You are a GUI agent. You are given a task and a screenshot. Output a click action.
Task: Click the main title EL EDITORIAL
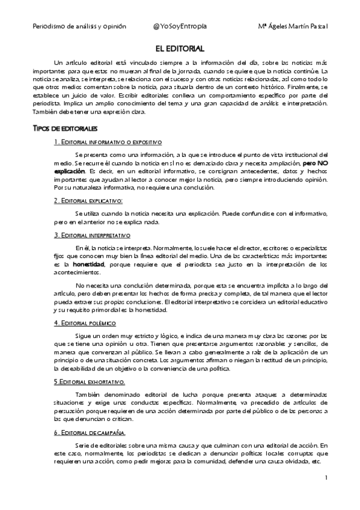tap(180, 48)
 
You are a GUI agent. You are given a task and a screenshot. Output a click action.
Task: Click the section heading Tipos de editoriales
tap(64, 129)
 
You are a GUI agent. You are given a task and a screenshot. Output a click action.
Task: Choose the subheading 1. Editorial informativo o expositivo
tap(108, 142)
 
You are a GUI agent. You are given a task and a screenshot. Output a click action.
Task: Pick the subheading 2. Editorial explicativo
tap(88, 200)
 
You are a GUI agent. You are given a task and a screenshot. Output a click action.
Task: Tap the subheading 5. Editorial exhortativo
tap(89, 381)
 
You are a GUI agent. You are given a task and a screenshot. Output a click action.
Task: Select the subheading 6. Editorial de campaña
tap(89, 432)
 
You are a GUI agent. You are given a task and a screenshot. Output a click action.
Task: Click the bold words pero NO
tap(315, 163)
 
